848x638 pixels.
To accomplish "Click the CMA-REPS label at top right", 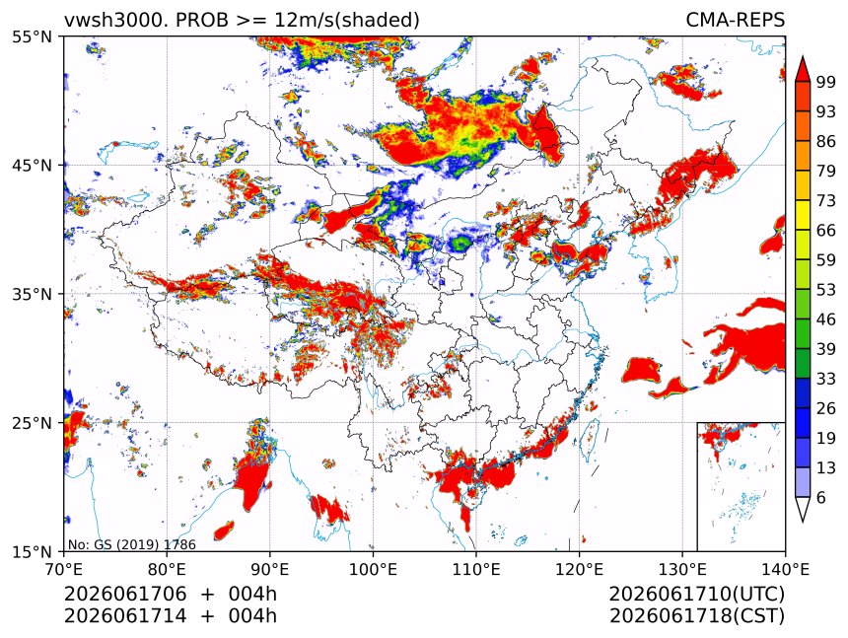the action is coord(735,20).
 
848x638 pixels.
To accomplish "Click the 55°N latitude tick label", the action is coord(32,36).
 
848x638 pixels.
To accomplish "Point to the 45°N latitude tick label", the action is coord(32,165).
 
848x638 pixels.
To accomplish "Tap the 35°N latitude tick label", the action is coord(32,294).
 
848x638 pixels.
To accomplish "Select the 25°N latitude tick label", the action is coord(32,423).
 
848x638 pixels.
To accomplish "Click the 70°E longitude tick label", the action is coord(64,569).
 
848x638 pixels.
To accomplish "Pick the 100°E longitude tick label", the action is coord(373,569).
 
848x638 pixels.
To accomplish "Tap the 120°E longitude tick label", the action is coord(579,569).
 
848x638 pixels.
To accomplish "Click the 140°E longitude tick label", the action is coord(785,569).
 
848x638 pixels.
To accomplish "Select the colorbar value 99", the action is coord(826,82).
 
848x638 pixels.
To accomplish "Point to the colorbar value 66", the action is coord(826,231).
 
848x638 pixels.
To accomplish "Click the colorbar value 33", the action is coord(826,379).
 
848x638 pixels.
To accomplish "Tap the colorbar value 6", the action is coord(821,497).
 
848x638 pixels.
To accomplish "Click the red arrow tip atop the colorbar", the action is coord(803,56).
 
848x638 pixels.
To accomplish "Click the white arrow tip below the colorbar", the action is coord(803,522).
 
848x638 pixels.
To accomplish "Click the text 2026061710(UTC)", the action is coord(697,594).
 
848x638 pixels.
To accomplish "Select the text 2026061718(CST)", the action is coord(697,616).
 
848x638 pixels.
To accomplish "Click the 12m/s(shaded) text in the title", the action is coord(347,20).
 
